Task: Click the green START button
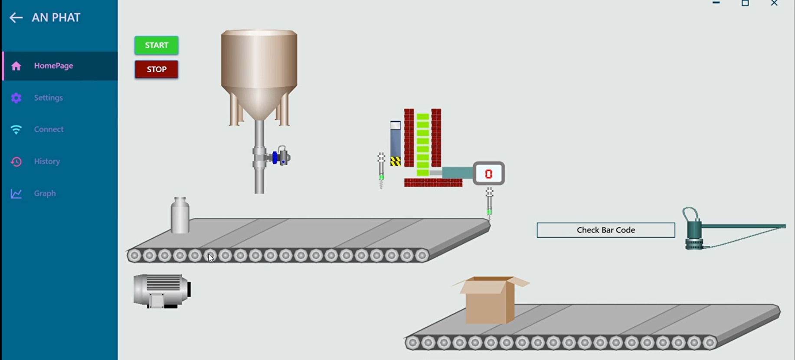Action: click(x=156, y=45)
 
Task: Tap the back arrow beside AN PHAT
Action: click(x=16, y=18)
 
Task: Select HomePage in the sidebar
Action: click(x=53, y=66)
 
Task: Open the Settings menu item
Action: click(x=48, y=98)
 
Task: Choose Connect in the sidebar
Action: click(x=49, y=129)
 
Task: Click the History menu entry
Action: click(x=47, y=161)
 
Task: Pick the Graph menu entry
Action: click(x=45, y=193)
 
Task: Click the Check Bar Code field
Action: click(x=605, y=230)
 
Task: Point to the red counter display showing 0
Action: click(x=488, y=174)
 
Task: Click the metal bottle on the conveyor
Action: click(x=180, y=216)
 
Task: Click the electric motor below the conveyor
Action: click(x=161, y=291)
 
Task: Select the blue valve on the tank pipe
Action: click(x=275, y=158)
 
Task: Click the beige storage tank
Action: click(x=259, y=65)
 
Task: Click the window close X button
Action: click(x=774, y=3)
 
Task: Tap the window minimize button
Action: click(x=716, y=3)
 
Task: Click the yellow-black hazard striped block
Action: click(x=395, y=162)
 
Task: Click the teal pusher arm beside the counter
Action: click(x=457, y=173)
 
